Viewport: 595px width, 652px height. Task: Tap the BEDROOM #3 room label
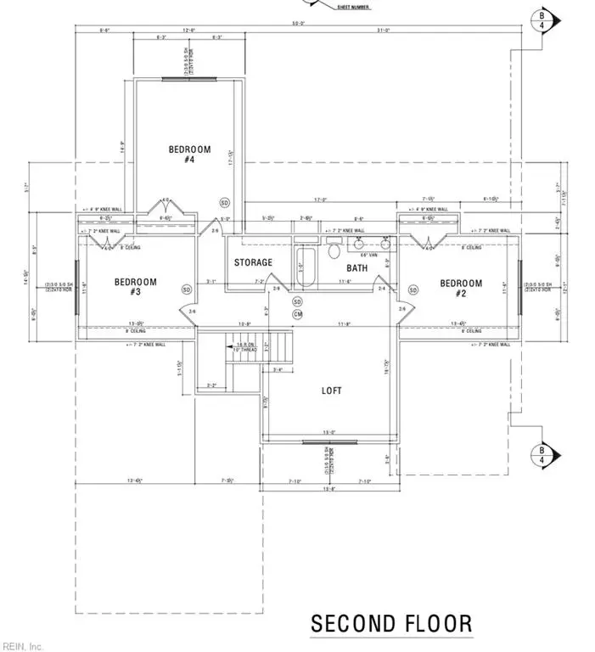[132, 288]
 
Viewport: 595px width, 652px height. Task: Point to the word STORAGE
[253, 262]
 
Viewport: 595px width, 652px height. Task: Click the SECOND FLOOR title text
[391, 624]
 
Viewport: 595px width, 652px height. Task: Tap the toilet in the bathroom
[334, 250]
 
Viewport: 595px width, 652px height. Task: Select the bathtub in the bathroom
[306, 263]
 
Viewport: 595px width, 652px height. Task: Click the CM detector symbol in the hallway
[297, 314]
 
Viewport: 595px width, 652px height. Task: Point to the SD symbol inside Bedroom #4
[225, 203]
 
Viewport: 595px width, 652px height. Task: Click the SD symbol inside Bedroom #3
[186, 289]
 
